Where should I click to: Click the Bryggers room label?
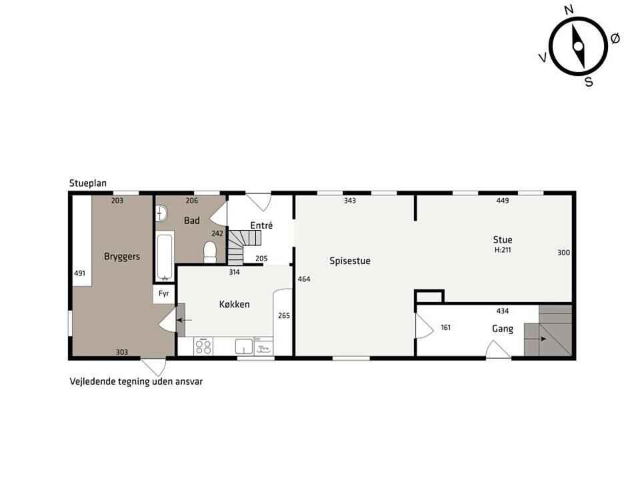pyautogui.click(x=121, y=257)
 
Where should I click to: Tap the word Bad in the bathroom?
pyautogui.click(x=192, y=221)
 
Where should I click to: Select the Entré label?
pyautogui.click(x=261, y=225)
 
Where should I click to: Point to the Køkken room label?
pyautogui.click(x=234, y=305)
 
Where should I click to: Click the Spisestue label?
pyautogui.click(x=350, y=261)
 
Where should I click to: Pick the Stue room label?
pyautogui.click(x=503, y=240)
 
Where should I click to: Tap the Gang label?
pyautogui.click(x=503, y=329)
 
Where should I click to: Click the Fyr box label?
pyautogui.click(x=164, y=294)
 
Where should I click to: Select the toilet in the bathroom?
pyautogui.click(x=210, y=252)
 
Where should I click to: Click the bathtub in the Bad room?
pyautogui.click(x=165, y=256)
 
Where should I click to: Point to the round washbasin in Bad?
pyautogui.click(x=161, y=213)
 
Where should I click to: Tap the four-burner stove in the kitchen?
pyautogui.click(x=203, y=347)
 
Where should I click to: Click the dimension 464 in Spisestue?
pyautogui.click(x=304, y=279)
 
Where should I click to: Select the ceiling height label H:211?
pyautogui.click(x=503, y=250)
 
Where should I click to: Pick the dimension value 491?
pyautogui.click(x=79, y=273)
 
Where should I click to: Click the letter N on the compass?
pyautogui.click(x=569, y=10)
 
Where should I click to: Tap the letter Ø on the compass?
pyautogui.click(x=615, y=39)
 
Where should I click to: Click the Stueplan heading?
pyautogui.click(x=88, y=183)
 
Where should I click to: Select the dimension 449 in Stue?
pyautogui.click(x=503, y=201)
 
